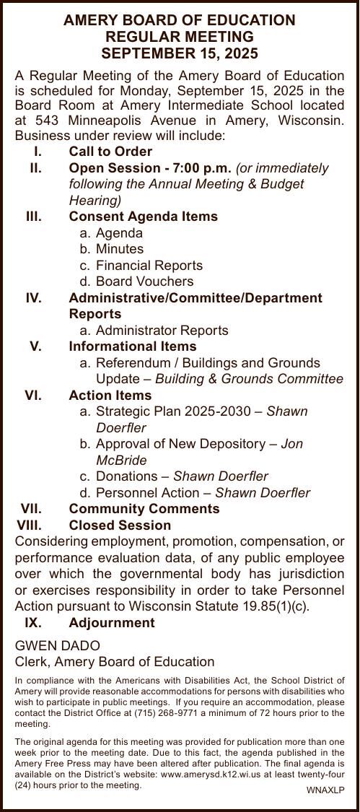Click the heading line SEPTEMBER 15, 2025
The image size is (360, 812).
tap(180, 53)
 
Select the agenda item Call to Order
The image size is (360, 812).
tap(110, 152)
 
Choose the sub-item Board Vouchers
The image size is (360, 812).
tap(144, 281)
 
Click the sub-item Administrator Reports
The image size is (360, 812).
tap(162, 331)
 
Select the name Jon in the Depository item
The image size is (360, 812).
tap(291, 444)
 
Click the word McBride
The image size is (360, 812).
tap(121, 460)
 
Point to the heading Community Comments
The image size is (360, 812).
tap(144, 509)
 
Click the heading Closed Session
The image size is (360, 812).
tap(120, 525)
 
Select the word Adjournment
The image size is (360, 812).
tap(111, 622)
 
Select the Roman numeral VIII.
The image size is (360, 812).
tap(30, 525)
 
